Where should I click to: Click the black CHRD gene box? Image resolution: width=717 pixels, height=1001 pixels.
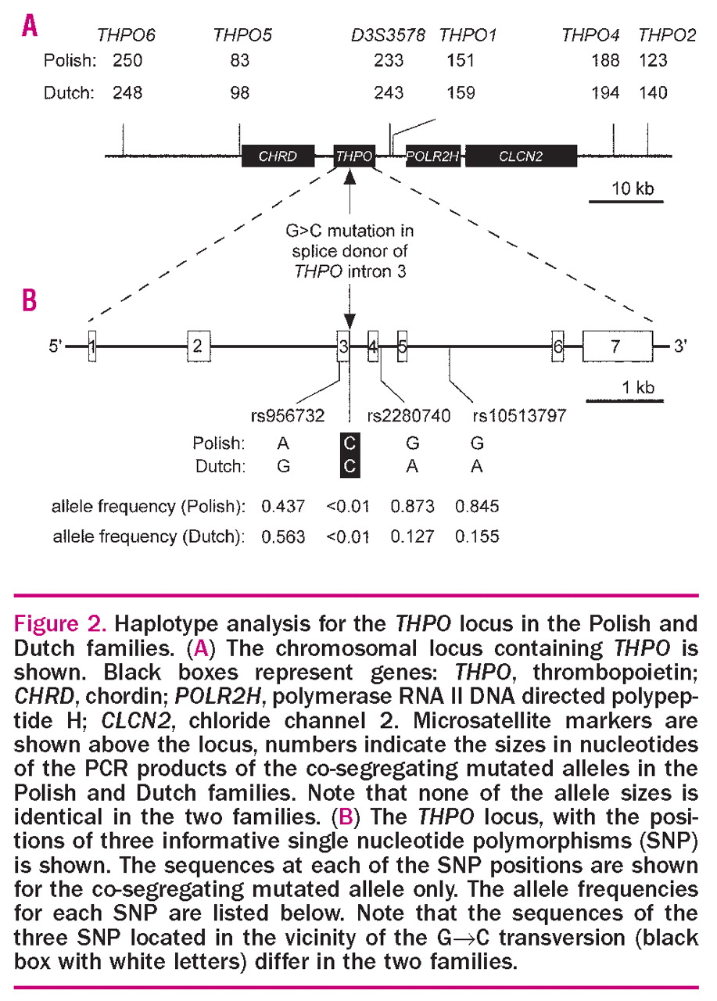tap(278, 156)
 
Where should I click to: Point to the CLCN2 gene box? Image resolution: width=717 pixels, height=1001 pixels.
tap(521, 156)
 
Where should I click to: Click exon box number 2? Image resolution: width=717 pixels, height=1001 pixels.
tap(198, 346)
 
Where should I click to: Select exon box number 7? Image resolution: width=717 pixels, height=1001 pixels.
tap(618, 346)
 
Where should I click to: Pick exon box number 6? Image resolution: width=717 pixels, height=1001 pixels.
tap(557, 346)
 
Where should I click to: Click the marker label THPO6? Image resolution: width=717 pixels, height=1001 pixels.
tap(126, 36)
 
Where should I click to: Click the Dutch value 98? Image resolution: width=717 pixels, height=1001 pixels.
tap(239, 94)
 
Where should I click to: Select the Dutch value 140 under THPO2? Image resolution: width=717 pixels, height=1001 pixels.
tap(652, 94)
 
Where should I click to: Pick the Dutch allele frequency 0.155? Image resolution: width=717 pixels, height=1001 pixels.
tap(477, 538)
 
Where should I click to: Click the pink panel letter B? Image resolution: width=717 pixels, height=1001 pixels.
tap(29, 301)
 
